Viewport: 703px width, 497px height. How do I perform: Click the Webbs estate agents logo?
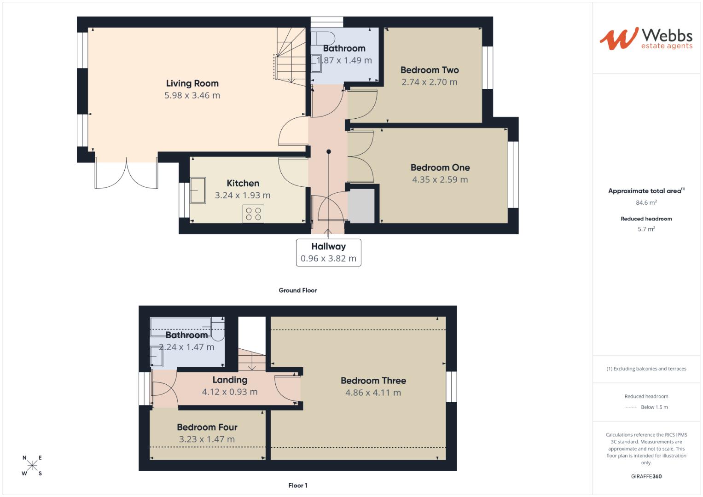(x=645, y=38)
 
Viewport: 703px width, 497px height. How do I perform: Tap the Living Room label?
(x=192, y=83)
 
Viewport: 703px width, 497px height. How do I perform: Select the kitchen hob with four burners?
(x=253, y=214)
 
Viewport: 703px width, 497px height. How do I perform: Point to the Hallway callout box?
(x=328, y=252)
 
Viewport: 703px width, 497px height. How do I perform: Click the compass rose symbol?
(x=32, y=466)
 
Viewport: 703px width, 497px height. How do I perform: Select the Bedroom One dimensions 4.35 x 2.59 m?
(x=440, y=179)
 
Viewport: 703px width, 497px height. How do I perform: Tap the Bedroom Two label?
(x=430, y=70)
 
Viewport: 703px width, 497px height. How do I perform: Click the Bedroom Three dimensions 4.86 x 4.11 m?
(x=373, y=393)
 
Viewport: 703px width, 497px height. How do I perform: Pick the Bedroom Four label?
(x=207, y=427)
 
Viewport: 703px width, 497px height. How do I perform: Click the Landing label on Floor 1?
(x=230, y=380)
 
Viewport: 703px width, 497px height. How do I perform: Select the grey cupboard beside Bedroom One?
(x=361, y=206)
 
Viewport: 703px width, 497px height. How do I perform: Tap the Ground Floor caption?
(x=297, y=290)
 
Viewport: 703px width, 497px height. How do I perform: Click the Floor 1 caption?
(x=297, y=485)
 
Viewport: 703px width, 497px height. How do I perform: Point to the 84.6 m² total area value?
(x=646, y=202)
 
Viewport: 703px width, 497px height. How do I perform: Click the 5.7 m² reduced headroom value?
(x=646, y=229)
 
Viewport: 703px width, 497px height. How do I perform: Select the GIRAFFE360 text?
(x=646, y=476)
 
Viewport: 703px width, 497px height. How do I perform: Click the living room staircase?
(x=290, y=55)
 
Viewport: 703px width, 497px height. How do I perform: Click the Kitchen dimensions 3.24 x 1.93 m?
(x=243, y=195)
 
